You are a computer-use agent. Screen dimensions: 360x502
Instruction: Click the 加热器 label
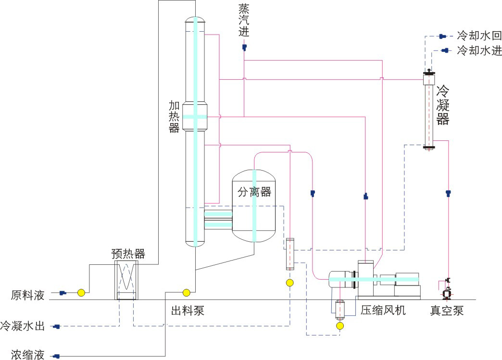[x=174, y=116]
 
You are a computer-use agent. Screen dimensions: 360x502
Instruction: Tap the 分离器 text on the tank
[x=254, y=192]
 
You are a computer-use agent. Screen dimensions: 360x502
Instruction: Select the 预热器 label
[x=128, y=253]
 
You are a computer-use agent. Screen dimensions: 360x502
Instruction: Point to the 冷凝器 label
[x=442, y=105]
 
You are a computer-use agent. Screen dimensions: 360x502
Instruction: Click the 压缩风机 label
[x=383, y=310]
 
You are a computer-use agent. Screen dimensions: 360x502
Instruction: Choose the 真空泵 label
[x=447, y=310]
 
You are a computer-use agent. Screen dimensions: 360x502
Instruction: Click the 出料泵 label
[x=188, y=310]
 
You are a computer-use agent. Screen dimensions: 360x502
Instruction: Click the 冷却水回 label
[x=479, y=36]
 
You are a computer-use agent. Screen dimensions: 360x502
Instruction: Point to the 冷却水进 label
[x=479, y=50]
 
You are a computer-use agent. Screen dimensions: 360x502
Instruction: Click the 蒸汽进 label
[x=244, y=21]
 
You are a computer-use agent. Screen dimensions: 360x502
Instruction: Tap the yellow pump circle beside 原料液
[x=81, y=292]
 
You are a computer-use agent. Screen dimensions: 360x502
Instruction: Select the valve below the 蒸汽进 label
[x=244, y=47]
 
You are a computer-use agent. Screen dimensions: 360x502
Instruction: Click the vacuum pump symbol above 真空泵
[x=447, y=291]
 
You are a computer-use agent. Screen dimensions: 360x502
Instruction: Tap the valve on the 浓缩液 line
[x=57, y=356]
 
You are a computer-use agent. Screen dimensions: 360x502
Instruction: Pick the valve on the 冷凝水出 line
[x=57, y=327]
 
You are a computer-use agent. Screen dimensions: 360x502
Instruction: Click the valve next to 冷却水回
[x=442, y=36]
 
